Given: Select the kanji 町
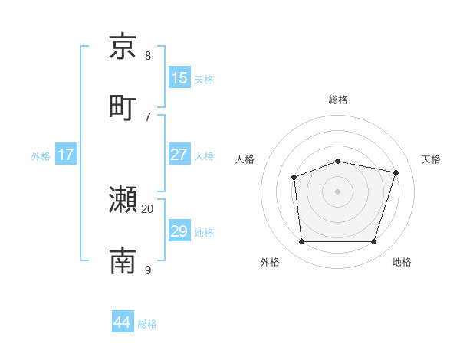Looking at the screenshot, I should (123, 106).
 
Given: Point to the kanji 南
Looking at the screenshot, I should (123, 260).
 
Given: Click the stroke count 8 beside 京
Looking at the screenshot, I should (148, 55).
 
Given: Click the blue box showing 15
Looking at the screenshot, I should (179, 77).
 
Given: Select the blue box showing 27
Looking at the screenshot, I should (179, 154).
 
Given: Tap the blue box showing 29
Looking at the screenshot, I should (179, 231).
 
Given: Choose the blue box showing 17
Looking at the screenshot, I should (66, 154).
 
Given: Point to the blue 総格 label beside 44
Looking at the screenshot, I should (147, 324).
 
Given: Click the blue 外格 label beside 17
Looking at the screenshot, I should (41, 155).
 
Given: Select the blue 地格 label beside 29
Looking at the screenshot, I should (204, 232).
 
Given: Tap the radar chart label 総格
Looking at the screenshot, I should (338, 100).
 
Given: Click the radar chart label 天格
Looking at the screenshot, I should (431, 159).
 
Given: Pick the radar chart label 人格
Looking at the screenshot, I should (245, 159).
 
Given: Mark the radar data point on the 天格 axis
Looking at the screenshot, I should (396, 172).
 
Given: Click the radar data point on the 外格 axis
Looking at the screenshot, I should (301, 242).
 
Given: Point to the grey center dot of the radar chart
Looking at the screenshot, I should (338, 191).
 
